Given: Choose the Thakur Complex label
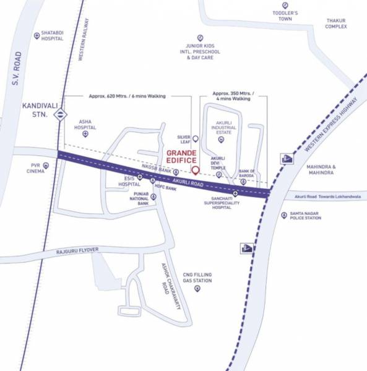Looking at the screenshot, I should click(340, 24).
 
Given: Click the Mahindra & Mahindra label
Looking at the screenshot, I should click(321, 170).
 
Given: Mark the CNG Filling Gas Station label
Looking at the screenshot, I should click(197, 277).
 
